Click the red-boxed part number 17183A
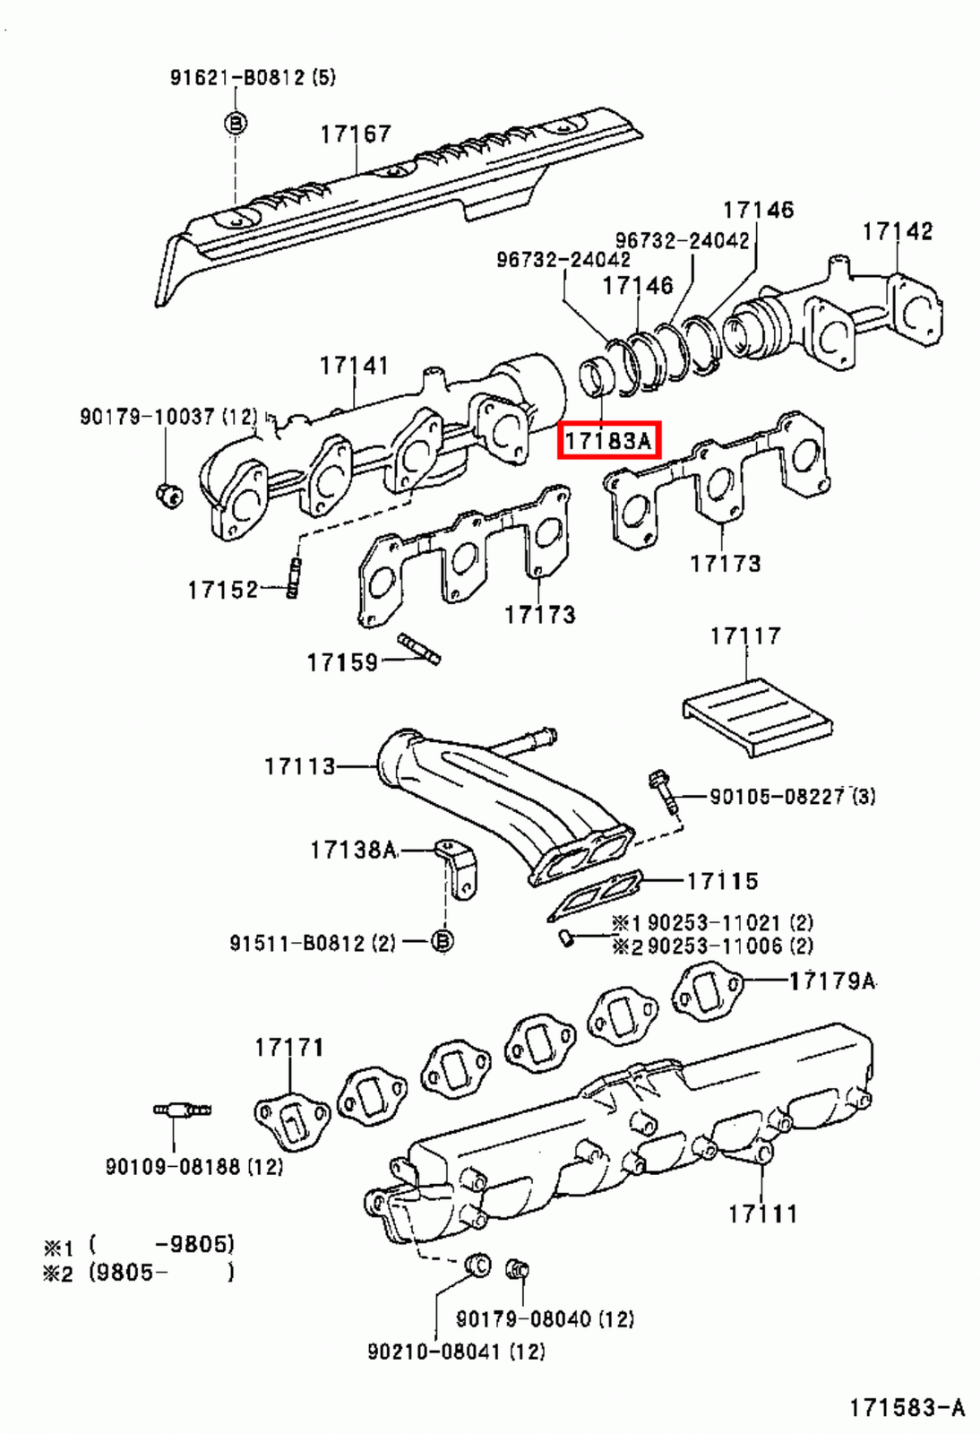pos(609,440)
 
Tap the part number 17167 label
pos(356,134)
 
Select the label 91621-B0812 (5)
pos(253,77)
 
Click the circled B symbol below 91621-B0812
pos(236,123)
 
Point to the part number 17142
pos(897,231)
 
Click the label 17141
pos(354,366)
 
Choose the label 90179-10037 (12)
pos(168,417)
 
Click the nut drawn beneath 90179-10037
pos(168,493)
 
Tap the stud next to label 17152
pos(294,578)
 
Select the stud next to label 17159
pos(419,649)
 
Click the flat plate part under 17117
pos(758,716)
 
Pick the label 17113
pos(299,766)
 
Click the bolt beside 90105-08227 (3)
pos(663,791)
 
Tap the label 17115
pos(722,881)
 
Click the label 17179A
pos(831,981)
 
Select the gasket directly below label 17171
pos(290,1118)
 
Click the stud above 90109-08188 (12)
pos(182,1111)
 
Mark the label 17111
pos(761,1214)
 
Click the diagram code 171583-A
pos(907,1408)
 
